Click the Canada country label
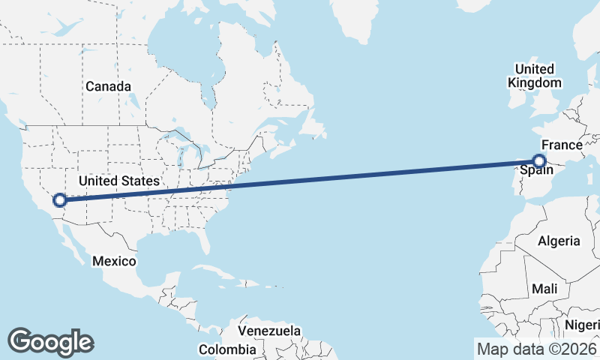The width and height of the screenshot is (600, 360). click(108, 86)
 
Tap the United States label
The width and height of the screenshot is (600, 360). click(118, 181)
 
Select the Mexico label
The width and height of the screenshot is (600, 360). click(114, 261)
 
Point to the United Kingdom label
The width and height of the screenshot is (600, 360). click(534, 76)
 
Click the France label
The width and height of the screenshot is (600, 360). click(562, 145)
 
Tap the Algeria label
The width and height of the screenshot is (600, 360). click(559, 241)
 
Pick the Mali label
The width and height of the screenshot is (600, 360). click(544, 289)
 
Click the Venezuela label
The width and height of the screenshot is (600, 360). click(269, 331)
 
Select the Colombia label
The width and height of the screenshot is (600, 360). click(227, 349)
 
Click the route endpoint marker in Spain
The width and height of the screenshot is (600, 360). click(538, 160)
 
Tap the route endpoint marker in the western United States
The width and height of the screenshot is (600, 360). click(60, 199)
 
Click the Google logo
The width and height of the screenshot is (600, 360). click(50, 341)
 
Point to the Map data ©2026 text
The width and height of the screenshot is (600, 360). click(535, 349)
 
